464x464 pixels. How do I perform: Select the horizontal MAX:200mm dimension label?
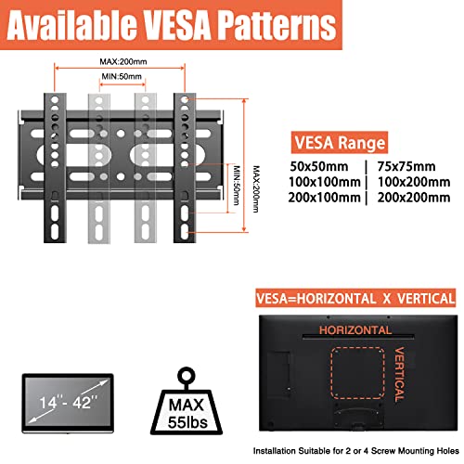(123, 61)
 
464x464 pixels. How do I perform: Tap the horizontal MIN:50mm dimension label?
(122, 76)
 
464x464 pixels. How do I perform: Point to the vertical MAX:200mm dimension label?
(256, 189)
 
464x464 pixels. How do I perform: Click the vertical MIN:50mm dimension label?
(237, 186)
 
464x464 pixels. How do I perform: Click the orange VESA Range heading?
(340, 143)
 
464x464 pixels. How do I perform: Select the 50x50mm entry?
(319, 166)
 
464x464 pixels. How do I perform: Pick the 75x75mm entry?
(406, 166)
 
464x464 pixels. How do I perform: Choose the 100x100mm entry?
(325, 182)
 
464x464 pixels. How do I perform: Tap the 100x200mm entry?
(414, 182)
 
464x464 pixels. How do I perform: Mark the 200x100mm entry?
(325, 198)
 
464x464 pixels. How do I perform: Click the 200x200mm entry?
(414, 198)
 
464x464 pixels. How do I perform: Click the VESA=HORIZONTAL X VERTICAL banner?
(355, 298)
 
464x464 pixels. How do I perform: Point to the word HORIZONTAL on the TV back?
(355, 330)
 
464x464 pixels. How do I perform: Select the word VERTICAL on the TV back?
(399, 374)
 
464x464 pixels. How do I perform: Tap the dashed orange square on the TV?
(331, 373)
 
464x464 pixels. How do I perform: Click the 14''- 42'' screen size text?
(68, 403)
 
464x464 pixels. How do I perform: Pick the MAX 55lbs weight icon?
(187, 401)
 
